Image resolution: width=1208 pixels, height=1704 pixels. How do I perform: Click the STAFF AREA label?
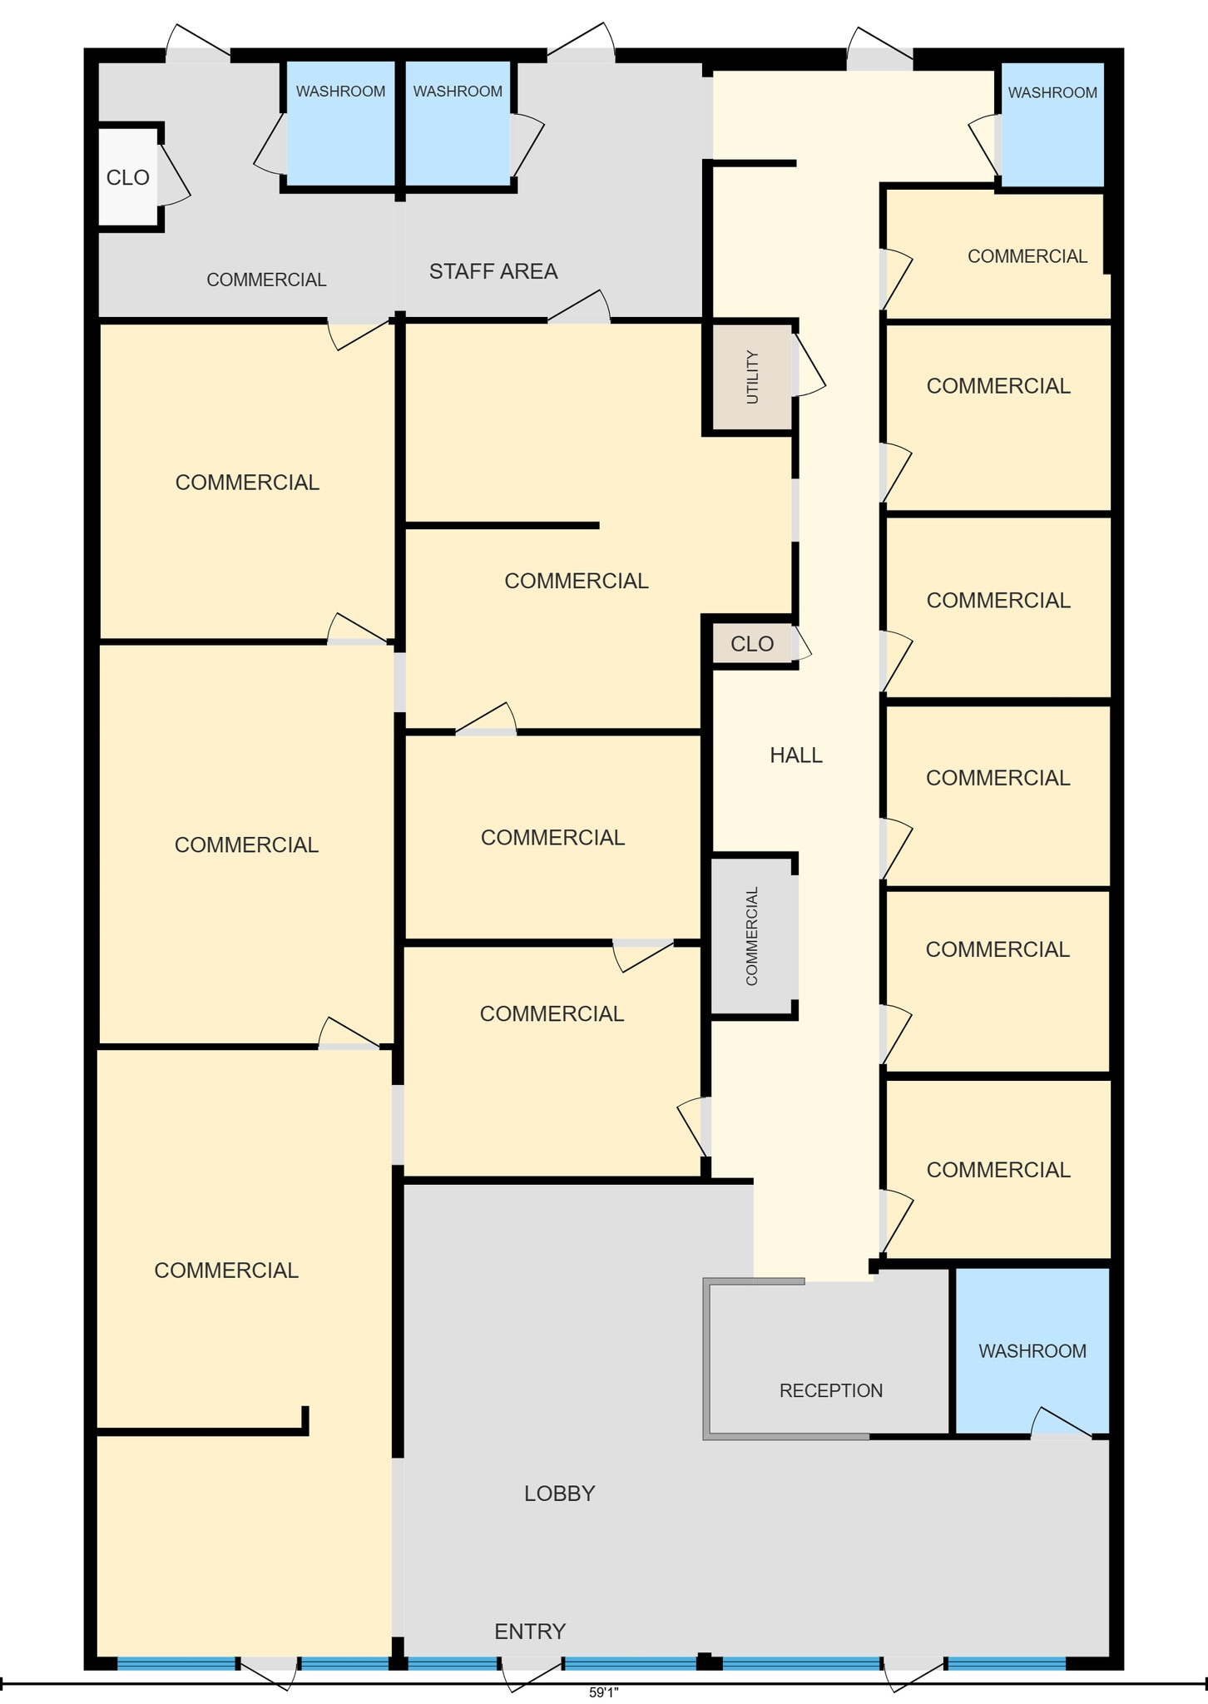click(x=493, y=271)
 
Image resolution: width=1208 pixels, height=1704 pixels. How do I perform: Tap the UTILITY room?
click(x=752, y=377)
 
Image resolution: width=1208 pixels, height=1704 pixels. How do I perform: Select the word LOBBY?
click(x=559, y=1493)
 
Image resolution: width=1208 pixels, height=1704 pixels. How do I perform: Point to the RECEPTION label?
click(x=831, y=1390)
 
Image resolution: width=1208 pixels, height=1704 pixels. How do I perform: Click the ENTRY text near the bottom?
click(x=530, y=1632)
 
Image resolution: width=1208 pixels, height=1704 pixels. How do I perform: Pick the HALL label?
click(x=796, y=755)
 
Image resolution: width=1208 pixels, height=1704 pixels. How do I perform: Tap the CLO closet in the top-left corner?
click(x=128, y=176)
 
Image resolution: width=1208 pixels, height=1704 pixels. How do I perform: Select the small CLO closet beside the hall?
click(x=752, y=644)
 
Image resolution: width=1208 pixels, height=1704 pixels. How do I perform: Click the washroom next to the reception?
click(x=1032, y=1351)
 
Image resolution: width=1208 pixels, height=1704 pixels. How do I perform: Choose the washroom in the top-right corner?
click(x=1052, y=125)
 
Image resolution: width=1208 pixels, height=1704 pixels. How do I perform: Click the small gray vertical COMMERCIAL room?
click(x=752, y=936)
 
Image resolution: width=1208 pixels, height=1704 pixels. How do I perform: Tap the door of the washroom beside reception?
click(x=1061, y=1423)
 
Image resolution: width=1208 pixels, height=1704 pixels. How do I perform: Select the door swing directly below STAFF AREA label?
click(x=579, y=306)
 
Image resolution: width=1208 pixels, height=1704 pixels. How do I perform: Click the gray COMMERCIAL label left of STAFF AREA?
click(x=266, y=280)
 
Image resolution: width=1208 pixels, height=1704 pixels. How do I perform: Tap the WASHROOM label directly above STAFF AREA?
click(x=458, y=92)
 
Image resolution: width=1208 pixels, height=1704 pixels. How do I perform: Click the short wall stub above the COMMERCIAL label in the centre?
click(x=503, y=525)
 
